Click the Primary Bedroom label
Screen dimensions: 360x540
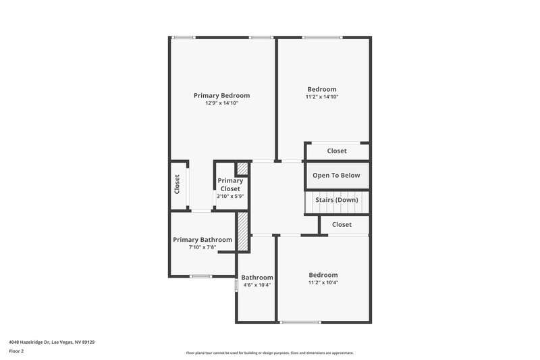pos(221,96)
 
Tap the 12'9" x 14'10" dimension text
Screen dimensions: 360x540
pos(221,103)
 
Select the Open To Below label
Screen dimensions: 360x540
pos(336,176)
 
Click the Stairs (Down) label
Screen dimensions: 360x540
pos(337,201)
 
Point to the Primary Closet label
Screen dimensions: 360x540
pos(230,184)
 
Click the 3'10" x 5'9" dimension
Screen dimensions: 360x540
pos(230,197)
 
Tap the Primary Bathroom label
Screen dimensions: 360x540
pos(202,240)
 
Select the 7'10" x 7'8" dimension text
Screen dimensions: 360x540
pos(202,248)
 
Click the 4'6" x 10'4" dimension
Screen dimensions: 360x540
pos(257,285)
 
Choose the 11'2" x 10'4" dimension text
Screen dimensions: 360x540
pos(323,282)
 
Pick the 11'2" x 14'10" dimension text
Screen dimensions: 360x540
pos(322,97)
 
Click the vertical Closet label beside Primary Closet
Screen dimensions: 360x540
pos(178,185)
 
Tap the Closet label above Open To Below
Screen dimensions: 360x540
pos(337,151)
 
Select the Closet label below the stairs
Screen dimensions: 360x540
pos(342,224)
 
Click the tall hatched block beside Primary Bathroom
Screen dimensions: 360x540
pos(242,232)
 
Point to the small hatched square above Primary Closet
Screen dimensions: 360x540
pos(242,169)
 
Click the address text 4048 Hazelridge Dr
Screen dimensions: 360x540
pos(51,342)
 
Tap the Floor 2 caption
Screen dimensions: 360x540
pos(17,351)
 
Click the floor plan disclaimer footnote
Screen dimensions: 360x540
pos(269,353)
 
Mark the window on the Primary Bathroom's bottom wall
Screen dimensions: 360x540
pos(200,276)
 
